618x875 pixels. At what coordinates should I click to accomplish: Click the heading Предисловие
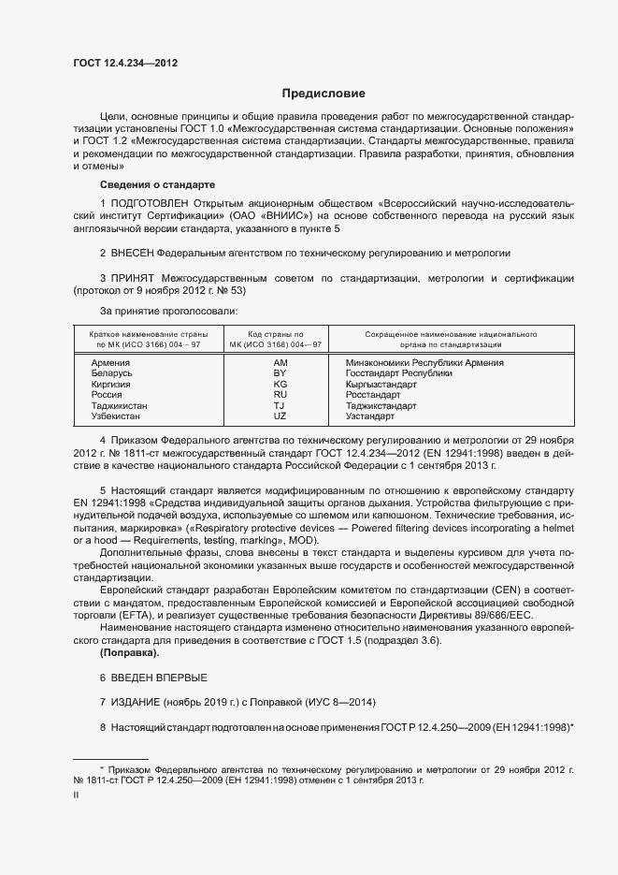point(323,94)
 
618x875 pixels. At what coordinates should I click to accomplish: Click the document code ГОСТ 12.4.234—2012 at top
point(124,63)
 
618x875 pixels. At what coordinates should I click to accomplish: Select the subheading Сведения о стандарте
point(157,184)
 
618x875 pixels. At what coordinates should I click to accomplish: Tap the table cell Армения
point(110,362)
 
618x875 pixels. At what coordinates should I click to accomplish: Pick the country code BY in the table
point(280,372)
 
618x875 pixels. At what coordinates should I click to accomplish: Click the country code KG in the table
point(280,384)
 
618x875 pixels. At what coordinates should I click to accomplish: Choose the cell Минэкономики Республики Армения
point(424,362)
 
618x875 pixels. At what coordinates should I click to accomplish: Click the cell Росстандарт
point(373,395)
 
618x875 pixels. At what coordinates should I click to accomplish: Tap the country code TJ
point(280,405)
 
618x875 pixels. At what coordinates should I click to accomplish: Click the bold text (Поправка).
point(129,651)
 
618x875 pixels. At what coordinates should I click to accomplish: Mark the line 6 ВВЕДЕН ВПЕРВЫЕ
point(153,677)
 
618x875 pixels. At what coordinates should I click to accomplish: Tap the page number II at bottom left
point(76,794)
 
